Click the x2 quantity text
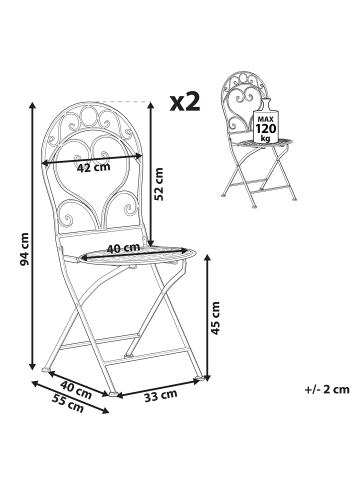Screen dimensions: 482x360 [186, 102]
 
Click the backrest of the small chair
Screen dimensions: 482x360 [241, 109]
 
